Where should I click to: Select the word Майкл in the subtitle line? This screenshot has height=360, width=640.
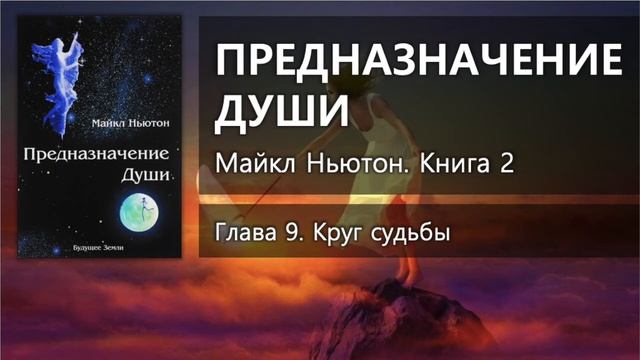[250, 163]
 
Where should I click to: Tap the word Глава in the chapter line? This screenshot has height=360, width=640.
[245, 235]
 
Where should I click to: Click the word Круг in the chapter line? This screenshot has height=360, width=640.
[337, 235]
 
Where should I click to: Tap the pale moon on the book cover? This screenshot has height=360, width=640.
[139, 211]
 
